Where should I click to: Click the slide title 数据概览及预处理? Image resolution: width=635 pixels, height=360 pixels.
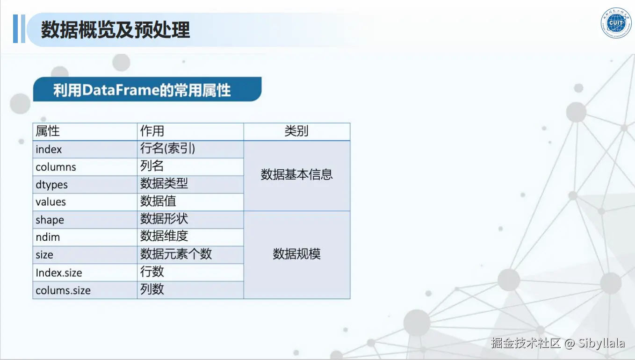(x=115, y=30)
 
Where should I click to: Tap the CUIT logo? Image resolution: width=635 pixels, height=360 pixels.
(x=616, y=23)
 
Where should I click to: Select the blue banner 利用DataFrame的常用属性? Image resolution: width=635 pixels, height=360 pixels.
(x=147, y=89)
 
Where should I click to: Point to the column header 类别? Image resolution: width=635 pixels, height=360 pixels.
(x=296, y=131)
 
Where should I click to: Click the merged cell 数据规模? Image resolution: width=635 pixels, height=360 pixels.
(x=296, y=254)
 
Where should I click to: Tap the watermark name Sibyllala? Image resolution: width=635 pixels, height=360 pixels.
(x=601, y=343)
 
